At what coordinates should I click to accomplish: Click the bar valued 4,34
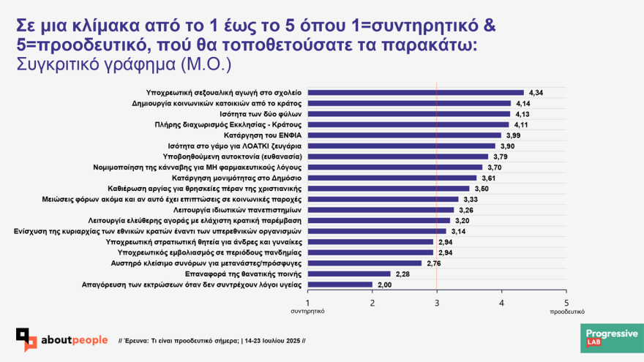pyautogui.click(x=416, y=93)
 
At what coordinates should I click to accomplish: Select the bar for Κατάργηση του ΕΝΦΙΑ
pyautogui.click(x=404, y=135)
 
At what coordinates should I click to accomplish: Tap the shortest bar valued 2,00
pyautogui.click(x=340, y=284)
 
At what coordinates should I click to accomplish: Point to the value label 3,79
pyautogui.click(x=501, y=157)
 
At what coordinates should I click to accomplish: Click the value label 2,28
pyautogui.click(x=402, y=274)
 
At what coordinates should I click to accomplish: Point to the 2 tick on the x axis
pyautogui.click(x=372, y=302)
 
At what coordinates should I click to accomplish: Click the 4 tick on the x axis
pyautogui.click(x=501, y=302)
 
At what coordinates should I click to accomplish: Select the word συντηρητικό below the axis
pyautogui.click(x=307, y=311)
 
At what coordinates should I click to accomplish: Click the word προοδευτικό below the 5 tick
pyautogui.click(x=566, y=311)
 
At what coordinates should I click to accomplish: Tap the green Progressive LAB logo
pyautogui.click(x=612, y=339)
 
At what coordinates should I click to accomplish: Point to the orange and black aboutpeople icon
pyautogui.click(x=27, y=339)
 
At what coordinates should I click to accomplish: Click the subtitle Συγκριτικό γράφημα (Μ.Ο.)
pyautogui.click(x=123, y=64)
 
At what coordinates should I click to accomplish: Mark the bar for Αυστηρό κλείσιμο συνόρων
pyautogui.click(x=364, y=263)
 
